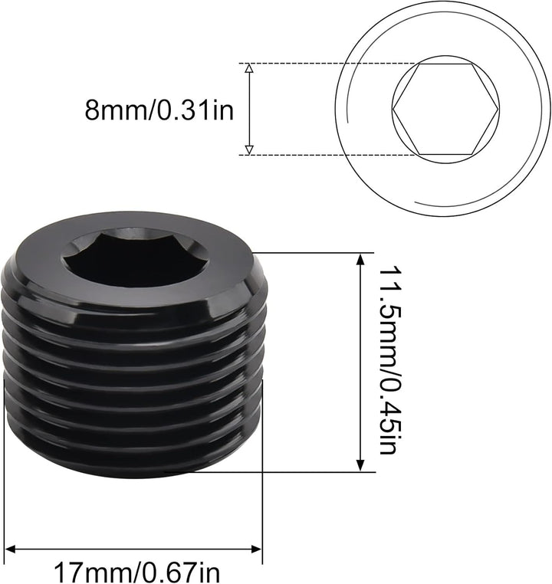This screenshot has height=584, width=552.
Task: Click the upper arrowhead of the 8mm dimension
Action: coord(248,69)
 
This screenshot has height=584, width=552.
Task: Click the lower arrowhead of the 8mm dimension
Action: coord(248,149)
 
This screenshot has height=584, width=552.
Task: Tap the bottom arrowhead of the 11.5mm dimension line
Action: coord(360,465)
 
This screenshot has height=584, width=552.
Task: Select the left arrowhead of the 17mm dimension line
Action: coord(11,548)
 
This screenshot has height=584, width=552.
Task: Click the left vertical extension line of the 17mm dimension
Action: coord(5,506)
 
